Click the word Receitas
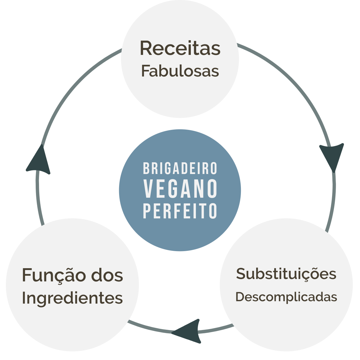click(180, 48)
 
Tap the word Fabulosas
click(180, 71)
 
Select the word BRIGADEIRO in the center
click(180, 169)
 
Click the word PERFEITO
click(180, 211)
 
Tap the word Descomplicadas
click(286, 297)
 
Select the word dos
click(107, 275)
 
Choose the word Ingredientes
click(72, 298)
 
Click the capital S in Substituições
click(241, 274)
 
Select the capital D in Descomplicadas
click(239, 297)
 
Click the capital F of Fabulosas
click(145, 71)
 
